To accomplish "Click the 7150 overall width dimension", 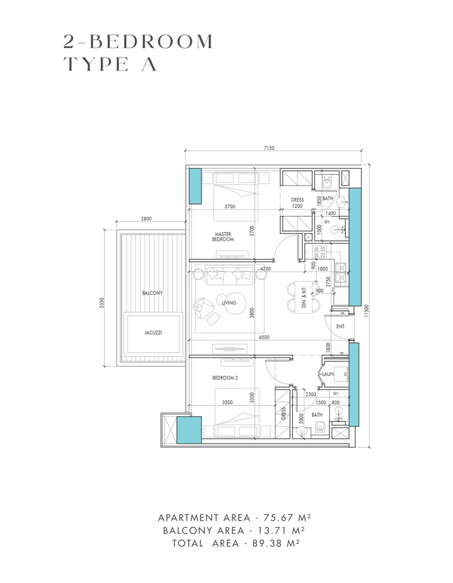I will pos(269,148).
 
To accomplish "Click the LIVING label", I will pos(229,303).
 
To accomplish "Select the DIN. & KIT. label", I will pos(304,298).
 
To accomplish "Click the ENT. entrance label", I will pos(340,326).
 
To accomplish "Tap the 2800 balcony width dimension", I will pos(146,219).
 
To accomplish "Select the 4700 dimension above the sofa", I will pos(265,269).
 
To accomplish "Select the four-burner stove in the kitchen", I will pos(319,252).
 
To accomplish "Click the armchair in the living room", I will pos(204,309).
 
